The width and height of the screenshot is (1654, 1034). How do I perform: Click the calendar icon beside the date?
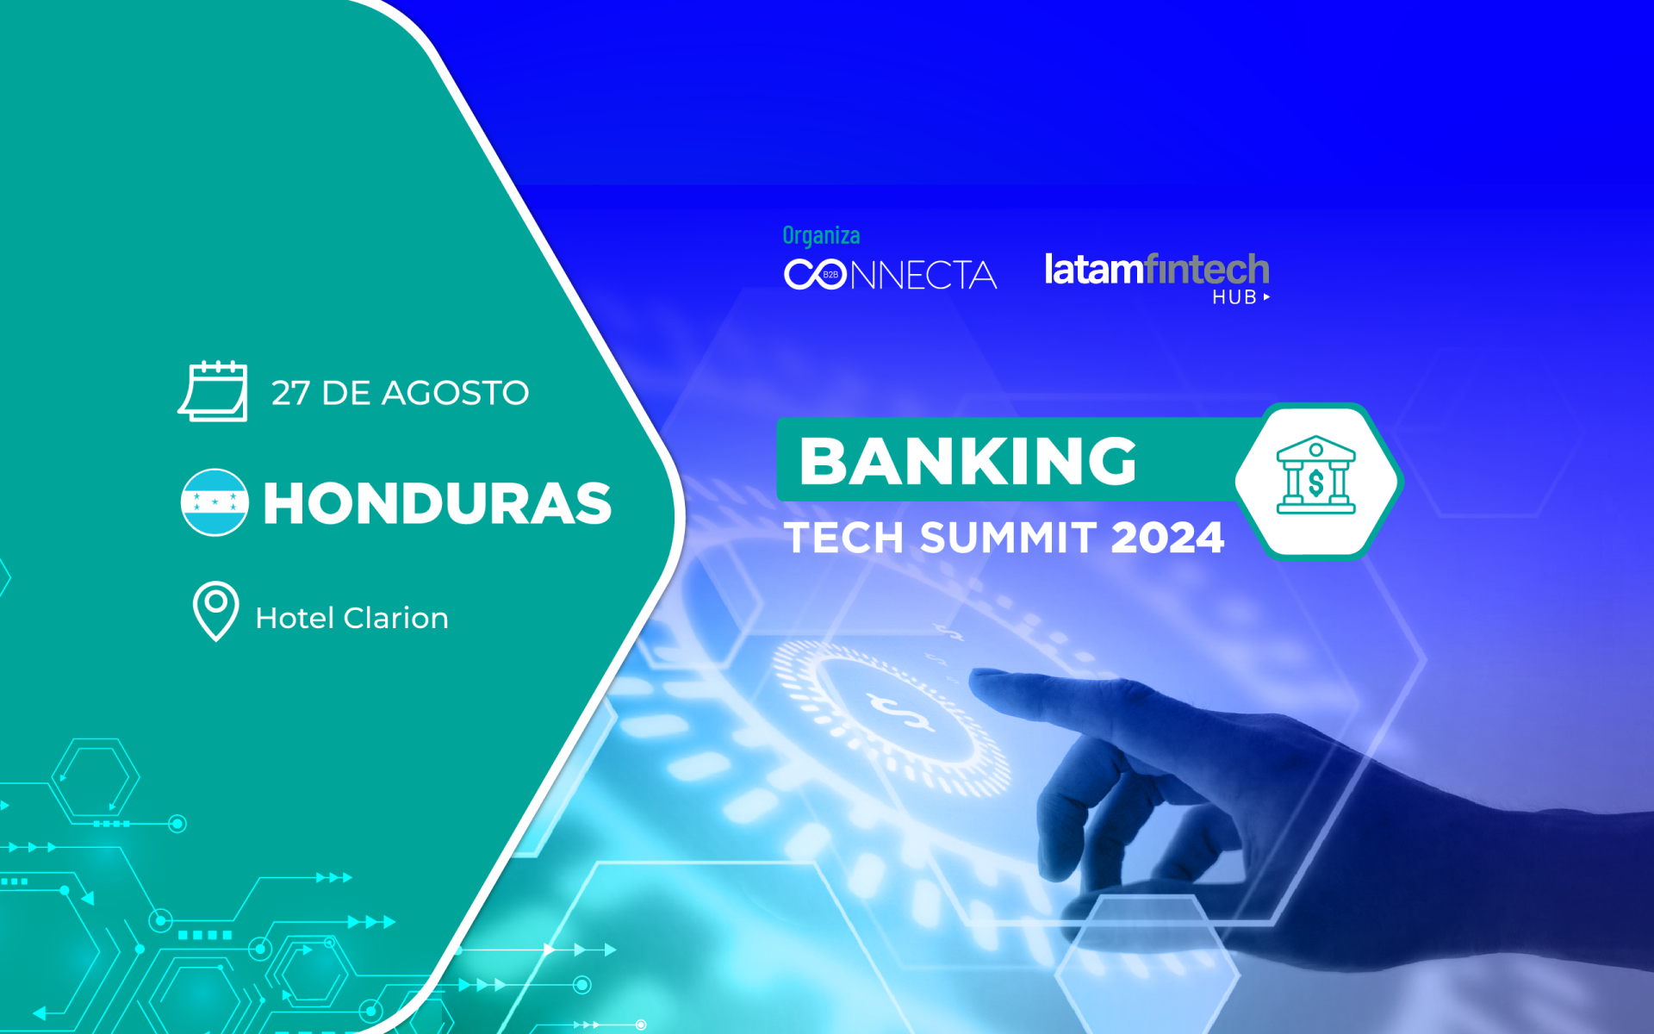click(213, 391)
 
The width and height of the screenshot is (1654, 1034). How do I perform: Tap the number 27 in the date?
click(290, 393)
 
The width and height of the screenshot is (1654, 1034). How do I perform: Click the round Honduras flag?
click(215, 502)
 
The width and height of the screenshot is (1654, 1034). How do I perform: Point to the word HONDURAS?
click(438, 503)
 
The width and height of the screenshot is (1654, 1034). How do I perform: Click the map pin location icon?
click(215, 611)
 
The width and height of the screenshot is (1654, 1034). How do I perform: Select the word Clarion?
click(395, 618)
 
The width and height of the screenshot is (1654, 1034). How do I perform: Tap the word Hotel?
click(295, 618)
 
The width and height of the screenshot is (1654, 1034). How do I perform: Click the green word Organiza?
click(821, 235)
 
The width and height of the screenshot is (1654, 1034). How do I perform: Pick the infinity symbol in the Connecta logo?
click(815, 274)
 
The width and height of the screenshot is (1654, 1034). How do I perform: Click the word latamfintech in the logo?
click(1157, 269)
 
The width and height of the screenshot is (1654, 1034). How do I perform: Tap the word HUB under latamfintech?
click(1234, 297)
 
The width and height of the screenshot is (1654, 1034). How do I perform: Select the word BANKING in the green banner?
click(968, 461)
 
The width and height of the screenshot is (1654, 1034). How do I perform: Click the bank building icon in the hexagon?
click(1315, 475)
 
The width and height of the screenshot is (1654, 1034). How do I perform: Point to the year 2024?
click(1167, 538)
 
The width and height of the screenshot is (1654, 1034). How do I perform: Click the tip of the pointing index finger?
click(974, 677)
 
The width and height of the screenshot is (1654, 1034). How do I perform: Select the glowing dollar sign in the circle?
click(901, 712)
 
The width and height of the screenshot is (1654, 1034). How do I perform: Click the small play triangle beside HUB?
click(1266, 297)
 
